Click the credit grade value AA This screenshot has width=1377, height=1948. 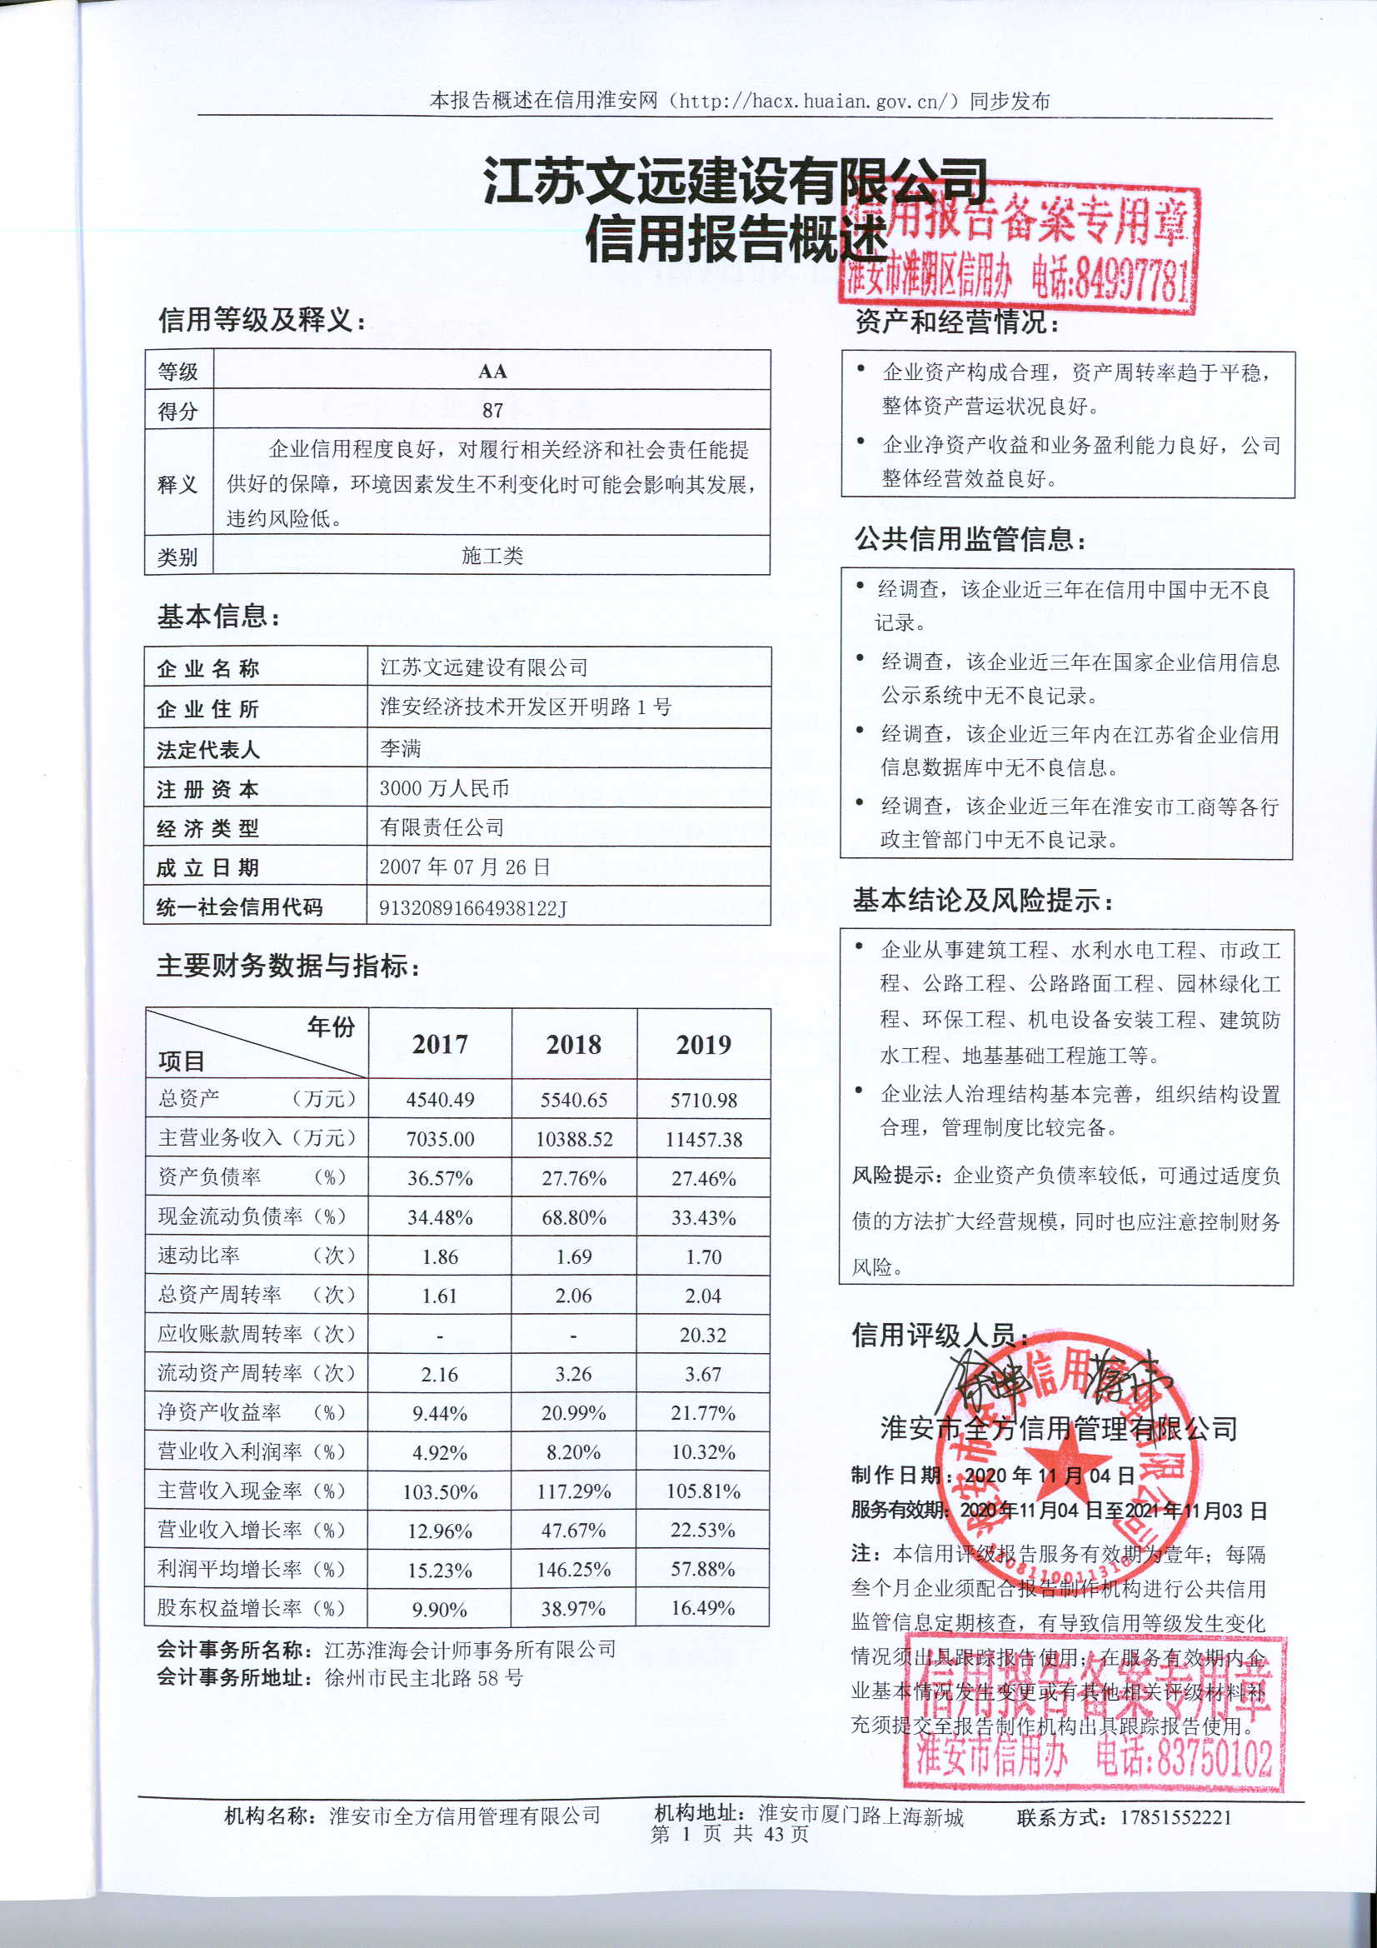(x=492, y=371)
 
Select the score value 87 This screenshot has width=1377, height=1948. (x=492, y=411)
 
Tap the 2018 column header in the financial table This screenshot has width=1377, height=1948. (x=573, y=1045)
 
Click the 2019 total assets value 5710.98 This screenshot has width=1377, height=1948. (x=703, y=1101)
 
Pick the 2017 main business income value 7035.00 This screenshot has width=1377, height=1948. (x=440, y=1140)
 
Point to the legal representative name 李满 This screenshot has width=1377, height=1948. (x=401, y=748)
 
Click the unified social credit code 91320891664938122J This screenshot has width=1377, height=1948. (x=472, y=908)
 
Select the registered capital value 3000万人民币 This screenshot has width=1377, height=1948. (x=444, y=788)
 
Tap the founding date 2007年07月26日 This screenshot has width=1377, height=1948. (x=464, y=867)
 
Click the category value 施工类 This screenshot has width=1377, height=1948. (x=492, y=556)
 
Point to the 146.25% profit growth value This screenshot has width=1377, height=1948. (x=573, y=1571)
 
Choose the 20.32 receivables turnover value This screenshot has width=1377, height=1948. (x=702, y=1336)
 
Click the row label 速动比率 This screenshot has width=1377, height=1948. (x=198, y=1256)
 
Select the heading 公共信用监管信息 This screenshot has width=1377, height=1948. (x=970, y=539)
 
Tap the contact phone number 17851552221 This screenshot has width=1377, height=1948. (x=1175, y=1817)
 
